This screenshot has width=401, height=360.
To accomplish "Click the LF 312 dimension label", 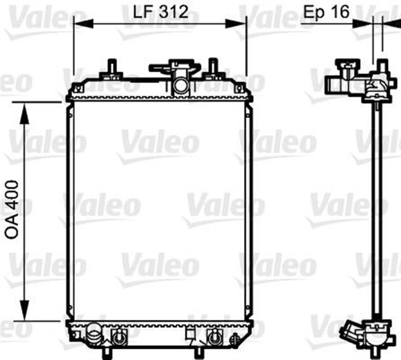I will (x=159, y=11).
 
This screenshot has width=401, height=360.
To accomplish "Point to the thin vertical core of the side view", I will (x=377, y=207).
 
